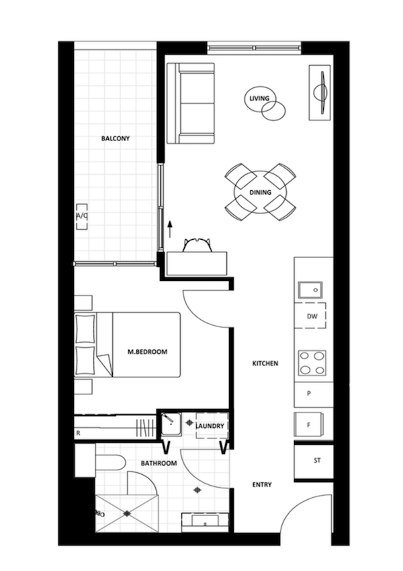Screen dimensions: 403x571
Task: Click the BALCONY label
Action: [116, 138]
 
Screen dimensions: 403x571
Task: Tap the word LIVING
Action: [259, 98]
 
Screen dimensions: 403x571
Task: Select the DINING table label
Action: [261, 192]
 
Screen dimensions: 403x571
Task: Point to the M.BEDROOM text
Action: [148, 352]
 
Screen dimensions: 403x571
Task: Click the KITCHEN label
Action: [265, 363]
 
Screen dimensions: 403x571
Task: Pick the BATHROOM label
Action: [159, 464]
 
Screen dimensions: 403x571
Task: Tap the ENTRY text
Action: [262, 485]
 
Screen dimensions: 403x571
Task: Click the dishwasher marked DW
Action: [310, 316]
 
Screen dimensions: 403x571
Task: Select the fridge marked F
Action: [309, 425]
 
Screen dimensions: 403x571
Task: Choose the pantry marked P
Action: [314, 394]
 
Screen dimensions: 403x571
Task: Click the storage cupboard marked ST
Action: [314, 461]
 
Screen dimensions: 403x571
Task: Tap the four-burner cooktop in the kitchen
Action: [312, 363]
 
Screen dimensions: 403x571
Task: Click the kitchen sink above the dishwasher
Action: [310, 290]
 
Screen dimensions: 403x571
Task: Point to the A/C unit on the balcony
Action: [81, 216]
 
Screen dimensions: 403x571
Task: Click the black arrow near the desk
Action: [170, 228]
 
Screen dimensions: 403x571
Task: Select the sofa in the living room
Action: [190, 103]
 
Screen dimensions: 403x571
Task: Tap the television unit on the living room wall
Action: [320, 93]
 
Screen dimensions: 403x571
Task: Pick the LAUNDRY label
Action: [210, 426]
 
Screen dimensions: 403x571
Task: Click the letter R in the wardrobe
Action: [79, 433]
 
